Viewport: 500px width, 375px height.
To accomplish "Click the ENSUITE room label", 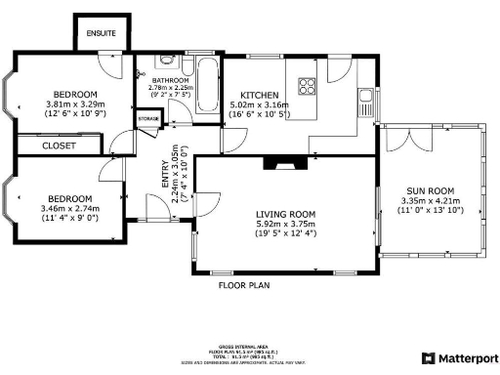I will (x=101, y=34).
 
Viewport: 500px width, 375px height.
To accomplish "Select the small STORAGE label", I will (x=147, y=118).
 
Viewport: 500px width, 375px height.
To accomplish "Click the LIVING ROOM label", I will (x=285, y=214).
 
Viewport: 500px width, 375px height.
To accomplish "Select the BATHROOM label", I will (x=168, y=80).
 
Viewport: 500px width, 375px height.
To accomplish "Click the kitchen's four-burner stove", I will (x=307, y=84).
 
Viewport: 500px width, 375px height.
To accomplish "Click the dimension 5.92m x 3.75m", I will (x=285, y=224).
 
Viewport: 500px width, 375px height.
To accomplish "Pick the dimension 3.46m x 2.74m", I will (x=66, y=209).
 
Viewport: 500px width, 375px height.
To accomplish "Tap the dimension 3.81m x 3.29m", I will (x=74, y=104).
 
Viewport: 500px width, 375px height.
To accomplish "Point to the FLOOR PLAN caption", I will (x=243, y=286).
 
